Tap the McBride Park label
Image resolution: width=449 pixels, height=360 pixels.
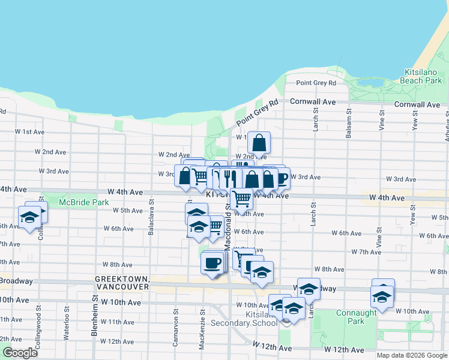coord(84,203)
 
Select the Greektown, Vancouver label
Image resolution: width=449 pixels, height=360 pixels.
coord(122,283)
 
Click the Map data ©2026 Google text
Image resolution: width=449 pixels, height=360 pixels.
coord(412,355)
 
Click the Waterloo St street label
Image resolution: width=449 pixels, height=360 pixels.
coord(67,319)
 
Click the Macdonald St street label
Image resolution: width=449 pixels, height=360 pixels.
coord(228,229)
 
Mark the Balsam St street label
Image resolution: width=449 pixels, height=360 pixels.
coord(348,123)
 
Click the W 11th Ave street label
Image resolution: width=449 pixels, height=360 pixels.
coord(117,322)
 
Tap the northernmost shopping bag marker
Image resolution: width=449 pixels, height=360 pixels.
coord(259,143)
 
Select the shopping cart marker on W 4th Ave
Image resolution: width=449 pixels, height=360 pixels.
coord(241,197)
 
